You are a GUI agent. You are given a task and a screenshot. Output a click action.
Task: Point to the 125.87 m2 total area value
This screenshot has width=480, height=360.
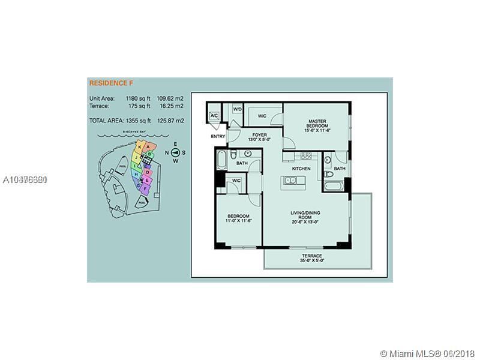point(170,121)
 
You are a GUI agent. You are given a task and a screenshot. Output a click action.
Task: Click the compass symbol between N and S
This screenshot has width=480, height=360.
point(175,152)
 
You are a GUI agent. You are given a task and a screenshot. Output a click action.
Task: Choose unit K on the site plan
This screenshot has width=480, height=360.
point(140,146)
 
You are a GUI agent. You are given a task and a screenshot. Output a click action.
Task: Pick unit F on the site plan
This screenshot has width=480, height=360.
point(145,188)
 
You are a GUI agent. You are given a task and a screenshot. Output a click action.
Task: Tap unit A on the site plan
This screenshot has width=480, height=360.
point(148,147)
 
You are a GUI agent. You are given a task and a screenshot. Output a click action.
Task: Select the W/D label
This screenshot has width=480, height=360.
point(238,109)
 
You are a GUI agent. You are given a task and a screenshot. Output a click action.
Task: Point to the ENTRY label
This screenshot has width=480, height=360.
point(218,137)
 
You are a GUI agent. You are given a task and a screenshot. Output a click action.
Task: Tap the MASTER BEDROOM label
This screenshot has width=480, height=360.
point(317,123)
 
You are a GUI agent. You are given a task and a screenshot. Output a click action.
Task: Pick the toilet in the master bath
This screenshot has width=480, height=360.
point(328,175)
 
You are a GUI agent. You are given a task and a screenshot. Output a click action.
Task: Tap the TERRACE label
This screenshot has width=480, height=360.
point(311,256)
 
